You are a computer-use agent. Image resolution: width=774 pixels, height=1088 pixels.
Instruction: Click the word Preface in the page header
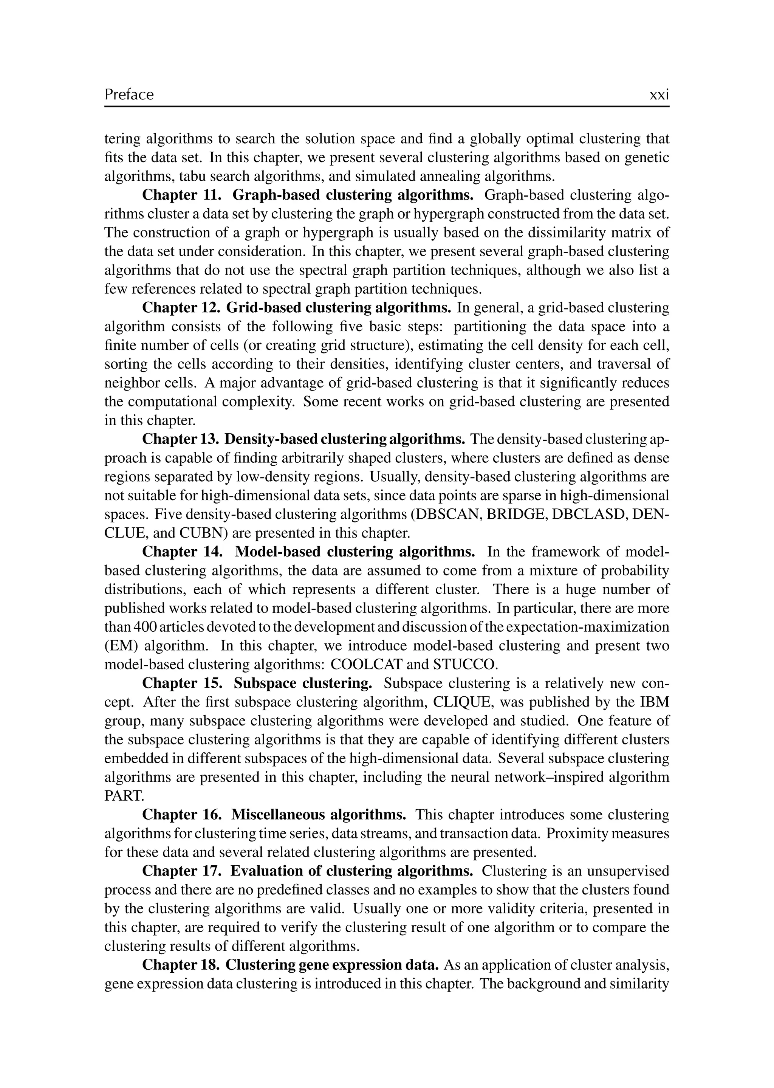(129, 95)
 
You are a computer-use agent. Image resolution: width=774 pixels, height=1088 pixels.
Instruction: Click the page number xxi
(659, 95)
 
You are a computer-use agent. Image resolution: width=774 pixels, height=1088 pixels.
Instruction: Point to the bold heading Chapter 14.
(183, 552)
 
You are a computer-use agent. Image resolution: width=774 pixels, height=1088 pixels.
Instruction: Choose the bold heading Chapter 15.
(183, 683)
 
